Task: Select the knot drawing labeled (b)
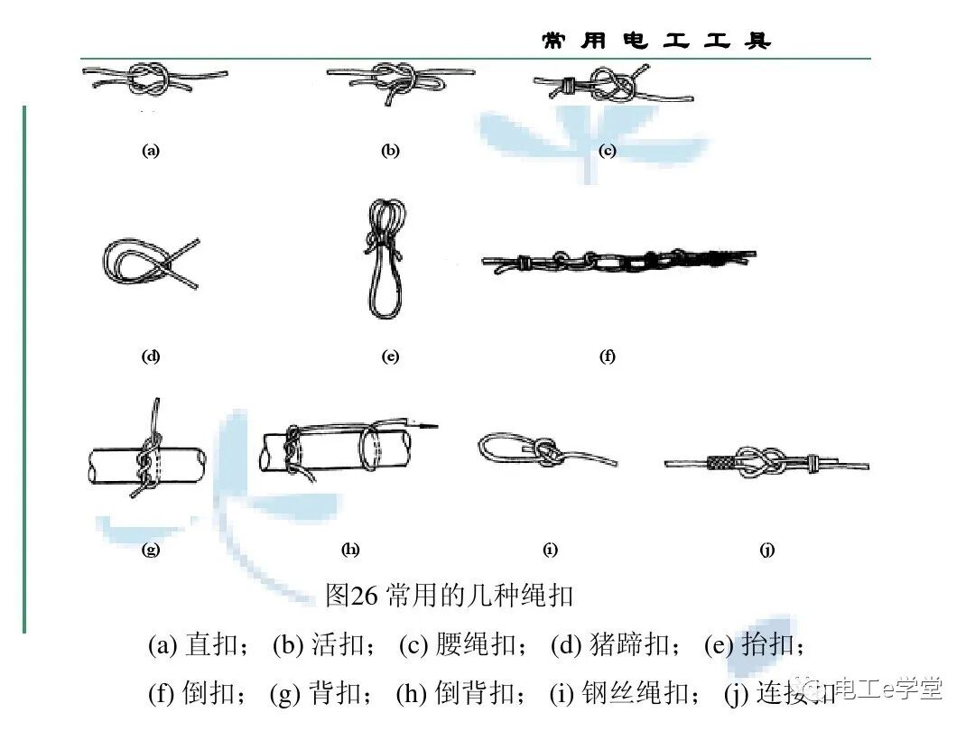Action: click(398, 81)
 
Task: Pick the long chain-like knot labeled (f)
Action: click(617, 262)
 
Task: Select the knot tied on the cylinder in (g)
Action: click(146, 460)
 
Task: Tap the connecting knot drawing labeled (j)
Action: click(766, 463)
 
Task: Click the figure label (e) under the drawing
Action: click(390, 356)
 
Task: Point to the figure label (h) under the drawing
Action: click(350, 549)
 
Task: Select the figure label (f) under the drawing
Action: click(608, 356)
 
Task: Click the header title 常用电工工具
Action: click(656, 41)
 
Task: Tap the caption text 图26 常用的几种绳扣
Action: click(449, 596)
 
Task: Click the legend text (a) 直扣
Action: click(199, 645)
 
